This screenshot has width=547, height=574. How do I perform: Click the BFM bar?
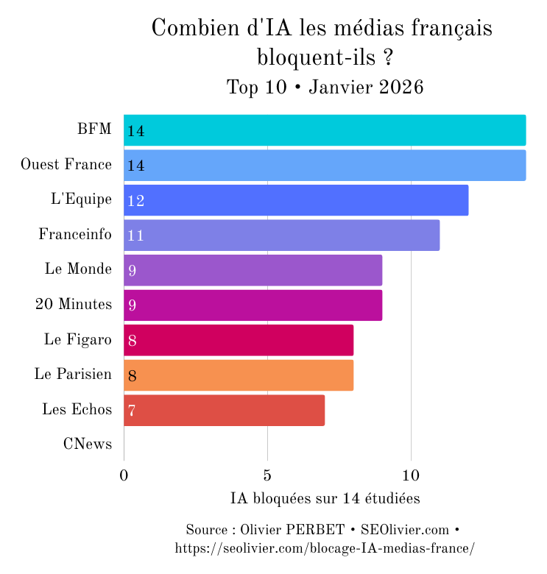pos(325,130)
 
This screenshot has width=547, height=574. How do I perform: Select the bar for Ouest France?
pos(325,165)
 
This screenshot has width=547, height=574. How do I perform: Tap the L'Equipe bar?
pos(296,200)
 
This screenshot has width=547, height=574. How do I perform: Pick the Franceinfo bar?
pos(281,235)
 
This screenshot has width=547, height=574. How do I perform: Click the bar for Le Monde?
pos(253,270)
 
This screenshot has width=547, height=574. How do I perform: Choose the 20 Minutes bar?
pos(253,305)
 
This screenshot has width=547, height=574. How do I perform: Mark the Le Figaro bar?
pos(239,340)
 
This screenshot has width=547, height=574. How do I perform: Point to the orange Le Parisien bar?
pos(239,375)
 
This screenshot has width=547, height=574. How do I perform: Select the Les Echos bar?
pos(224,410)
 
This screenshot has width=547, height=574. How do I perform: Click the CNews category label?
pos(87,444)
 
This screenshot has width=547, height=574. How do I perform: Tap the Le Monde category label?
pos(78,269)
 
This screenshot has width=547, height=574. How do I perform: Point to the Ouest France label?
pos(66,164)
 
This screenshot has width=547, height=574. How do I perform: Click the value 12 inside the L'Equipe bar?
pos(135,201)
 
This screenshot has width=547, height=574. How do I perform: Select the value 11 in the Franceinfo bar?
pos(135,235)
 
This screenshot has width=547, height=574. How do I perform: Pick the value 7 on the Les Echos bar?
pos(132,411)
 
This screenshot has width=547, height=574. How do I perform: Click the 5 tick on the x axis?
pos(267,475)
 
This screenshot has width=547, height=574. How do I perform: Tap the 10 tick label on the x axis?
pos(411,475)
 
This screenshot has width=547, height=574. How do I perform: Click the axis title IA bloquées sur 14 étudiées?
pos(325,499)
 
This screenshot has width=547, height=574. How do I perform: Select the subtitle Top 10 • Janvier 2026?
pos(325,87)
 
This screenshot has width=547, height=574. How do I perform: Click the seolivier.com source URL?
pos(325,548)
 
